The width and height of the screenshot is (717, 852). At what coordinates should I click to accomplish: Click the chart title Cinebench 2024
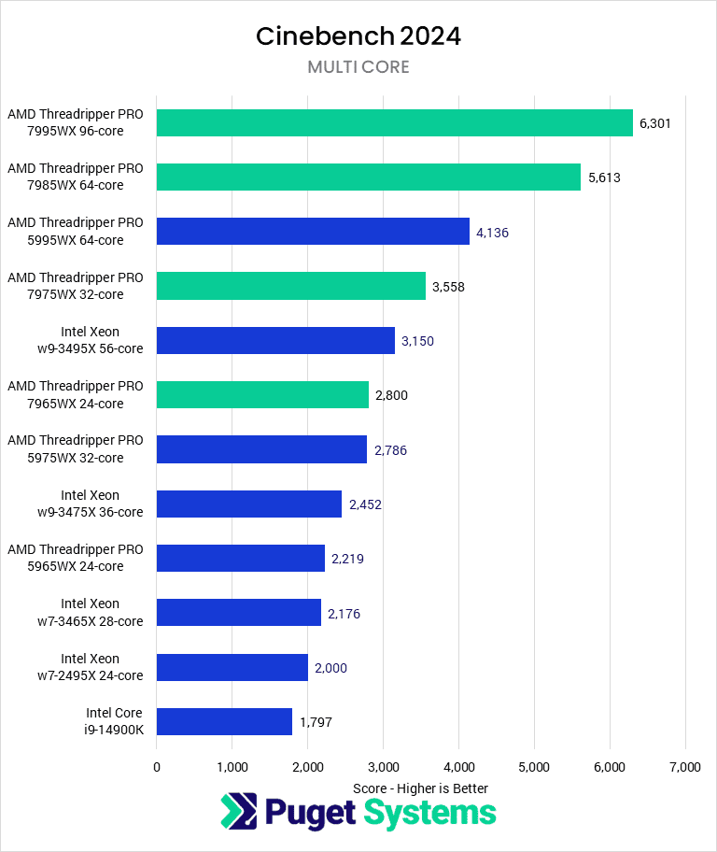click(x=358, y=36)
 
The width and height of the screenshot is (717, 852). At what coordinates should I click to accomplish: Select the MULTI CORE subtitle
click(x=358, y=67)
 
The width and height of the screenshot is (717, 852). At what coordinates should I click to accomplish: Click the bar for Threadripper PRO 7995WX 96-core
click(x=394, y=123)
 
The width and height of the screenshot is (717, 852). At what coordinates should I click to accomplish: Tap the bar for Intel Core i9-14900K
click(x=224, y=721)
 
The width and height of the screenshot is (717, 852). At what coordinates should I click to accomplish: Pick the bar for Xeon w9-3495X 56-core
click(x=275, y=340)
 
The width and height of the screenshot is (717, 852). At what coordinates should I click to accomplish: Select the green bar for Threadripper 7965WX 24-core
click(x=262, y=395)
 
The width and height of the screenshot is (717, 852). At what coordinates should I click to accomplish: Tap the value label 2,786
click(x=390, y=450)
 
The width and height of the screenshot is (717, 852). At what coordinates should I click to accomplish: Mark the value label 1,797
click(x=316, y=722)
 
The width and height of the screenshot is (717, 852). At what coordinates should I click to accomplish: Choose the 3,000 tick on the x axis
click(x=383, y=767)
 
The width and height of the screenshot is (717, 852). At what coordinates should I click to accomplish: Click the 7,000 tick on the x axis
click(x=684, y=767)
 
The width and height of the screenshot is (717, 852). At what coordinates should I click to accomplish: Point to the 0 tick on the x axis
click(x=157, y=767)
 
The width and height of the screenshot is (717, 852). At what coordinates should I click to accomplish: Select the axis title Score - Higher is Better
click(x=420, y=788)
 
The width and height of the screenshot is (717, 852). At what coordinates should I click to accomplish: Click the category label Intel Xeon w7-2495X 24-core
click(x=90, y=667)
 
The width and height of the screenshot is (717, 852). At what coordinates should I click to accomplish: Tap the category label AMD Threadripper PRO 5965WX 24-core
click(x=76, y=558)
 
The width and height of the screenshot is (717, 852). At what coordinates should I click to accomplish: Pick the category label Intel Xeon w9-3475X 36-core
click(x=90, y=504)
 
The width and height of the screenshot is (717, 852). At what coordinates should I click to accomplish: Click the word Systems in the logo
click(x=429, y=813)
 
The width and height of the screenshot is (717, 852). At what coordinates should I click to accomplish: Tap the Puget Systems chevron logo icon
click(x=237, y=812)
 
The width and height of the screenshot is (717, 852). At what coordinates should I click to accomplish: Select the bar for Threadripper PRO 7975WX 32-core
click(x=290, y=286)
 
